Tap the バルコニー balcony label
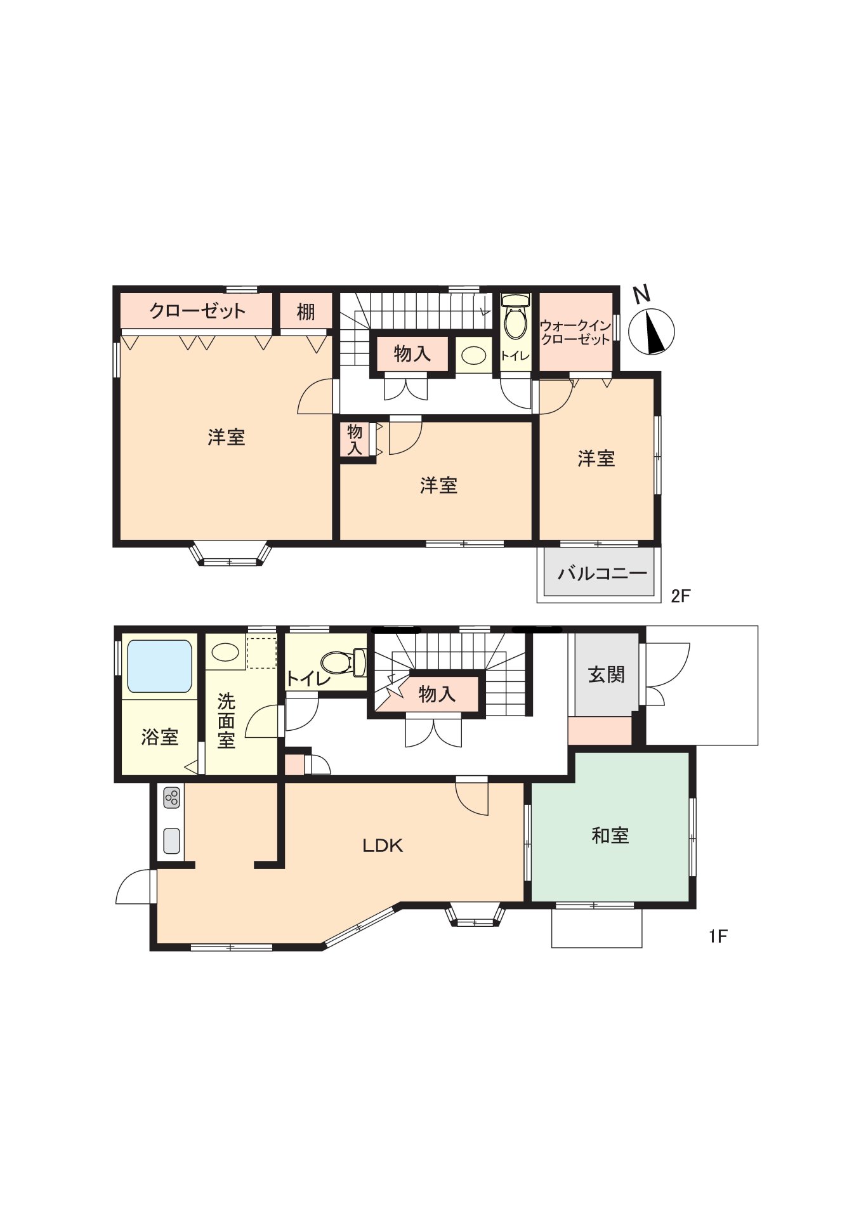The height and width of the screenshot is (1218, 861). coord(601,573)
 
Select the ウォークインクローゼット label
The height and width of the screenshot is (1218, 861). coord(575,332)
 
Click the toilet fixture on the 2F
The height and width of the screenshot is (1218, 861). coord(515,320)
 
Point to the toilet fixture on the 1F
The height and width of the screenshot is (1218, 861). coord(343,662)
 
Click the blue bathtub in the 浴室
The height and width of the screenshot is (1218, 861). coord(159,666)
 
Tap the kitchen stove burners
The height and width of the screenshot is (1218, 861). coord(171,797)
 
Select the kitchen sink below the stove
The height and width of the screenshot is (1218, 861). coord(171,841)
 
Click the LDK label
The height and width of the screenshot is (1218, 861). coord(382,846)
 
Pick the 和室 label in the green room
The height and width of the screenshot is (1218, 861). coord(610,835)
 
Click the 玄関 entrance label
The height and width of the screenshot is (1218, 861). coord(607,674)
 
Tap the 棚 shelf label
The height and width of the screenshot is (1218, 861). coord(305,312)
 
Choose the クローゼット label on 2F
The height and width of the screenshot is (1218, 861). coord(197,311)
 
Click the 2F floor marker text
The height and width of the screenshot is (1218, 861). coord(680,596)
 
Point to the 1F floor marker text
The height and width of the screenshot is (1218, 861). coord(718,936)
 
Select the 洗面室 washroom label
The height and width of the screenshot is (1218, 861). coord(226,721)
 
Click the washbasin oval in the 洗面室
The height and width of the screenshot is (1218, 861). coord(225,652)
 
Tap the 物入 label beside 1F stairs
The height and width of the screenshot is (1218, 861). coord(437,694)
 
